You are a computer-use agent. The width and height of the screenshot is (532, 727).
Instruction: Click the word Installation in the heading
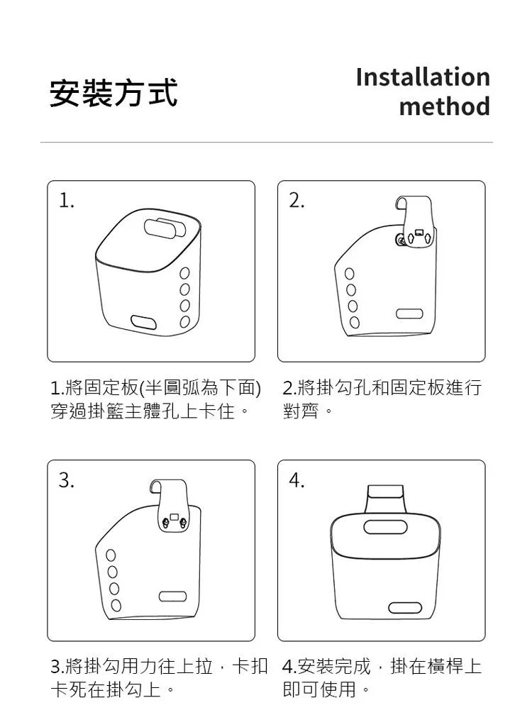click(x=423, y=77)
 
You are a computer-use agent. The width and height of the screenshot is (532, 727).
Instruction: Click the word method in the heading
click(x=444, y=106)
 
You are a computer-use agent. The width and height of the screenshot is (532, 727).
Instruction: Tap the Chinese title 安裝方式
click(x=113, y=93)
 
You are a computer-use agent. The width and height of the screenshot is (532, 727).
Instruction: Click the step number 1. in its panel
click(x=67, y=200)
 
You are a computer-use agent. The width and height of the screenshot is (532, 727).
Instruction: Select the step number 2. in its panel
click(x=297, y=200)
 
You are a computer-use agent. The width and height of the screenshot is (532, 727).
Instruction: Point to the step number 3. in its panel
click(x=67, y=480)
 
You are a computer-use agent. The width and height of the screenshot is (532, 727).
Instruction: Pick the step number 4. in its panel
click(x=297, y=480)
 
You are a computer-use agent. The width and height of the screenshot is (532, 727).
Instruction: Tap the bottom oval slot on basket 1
click(x=143, y=322)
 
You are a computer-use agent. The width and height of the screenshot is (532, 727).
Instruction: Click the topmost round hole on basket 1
click(x=184, y=273)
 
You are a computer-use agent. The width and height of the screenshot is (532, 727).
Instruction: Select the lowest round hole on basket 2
click(x=355, y=322)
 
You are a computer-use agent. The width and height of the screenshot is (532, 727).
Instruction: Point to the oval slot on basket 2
click(x=409, y=313)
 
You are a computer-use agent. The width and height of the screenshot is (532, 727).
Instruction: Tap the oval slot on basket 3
click(x=172, y=596)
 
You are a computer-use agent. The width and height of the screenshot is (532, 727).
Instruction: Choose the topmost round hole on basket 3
click(x=111, y=555)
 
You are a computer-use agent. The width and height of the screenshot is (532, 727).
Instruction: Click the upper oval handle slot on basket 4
click(x=385, y=527)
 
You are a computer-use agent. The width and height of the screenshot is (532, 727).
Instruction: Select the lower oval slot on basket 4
click(x=405, y=608)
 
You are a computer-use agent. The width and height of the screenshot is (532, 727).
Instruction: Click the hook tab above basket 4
click(x=385, y=499)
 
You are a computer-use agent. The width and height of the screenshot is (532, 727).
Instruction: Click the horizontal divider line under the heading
click(x=266, y=143)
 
